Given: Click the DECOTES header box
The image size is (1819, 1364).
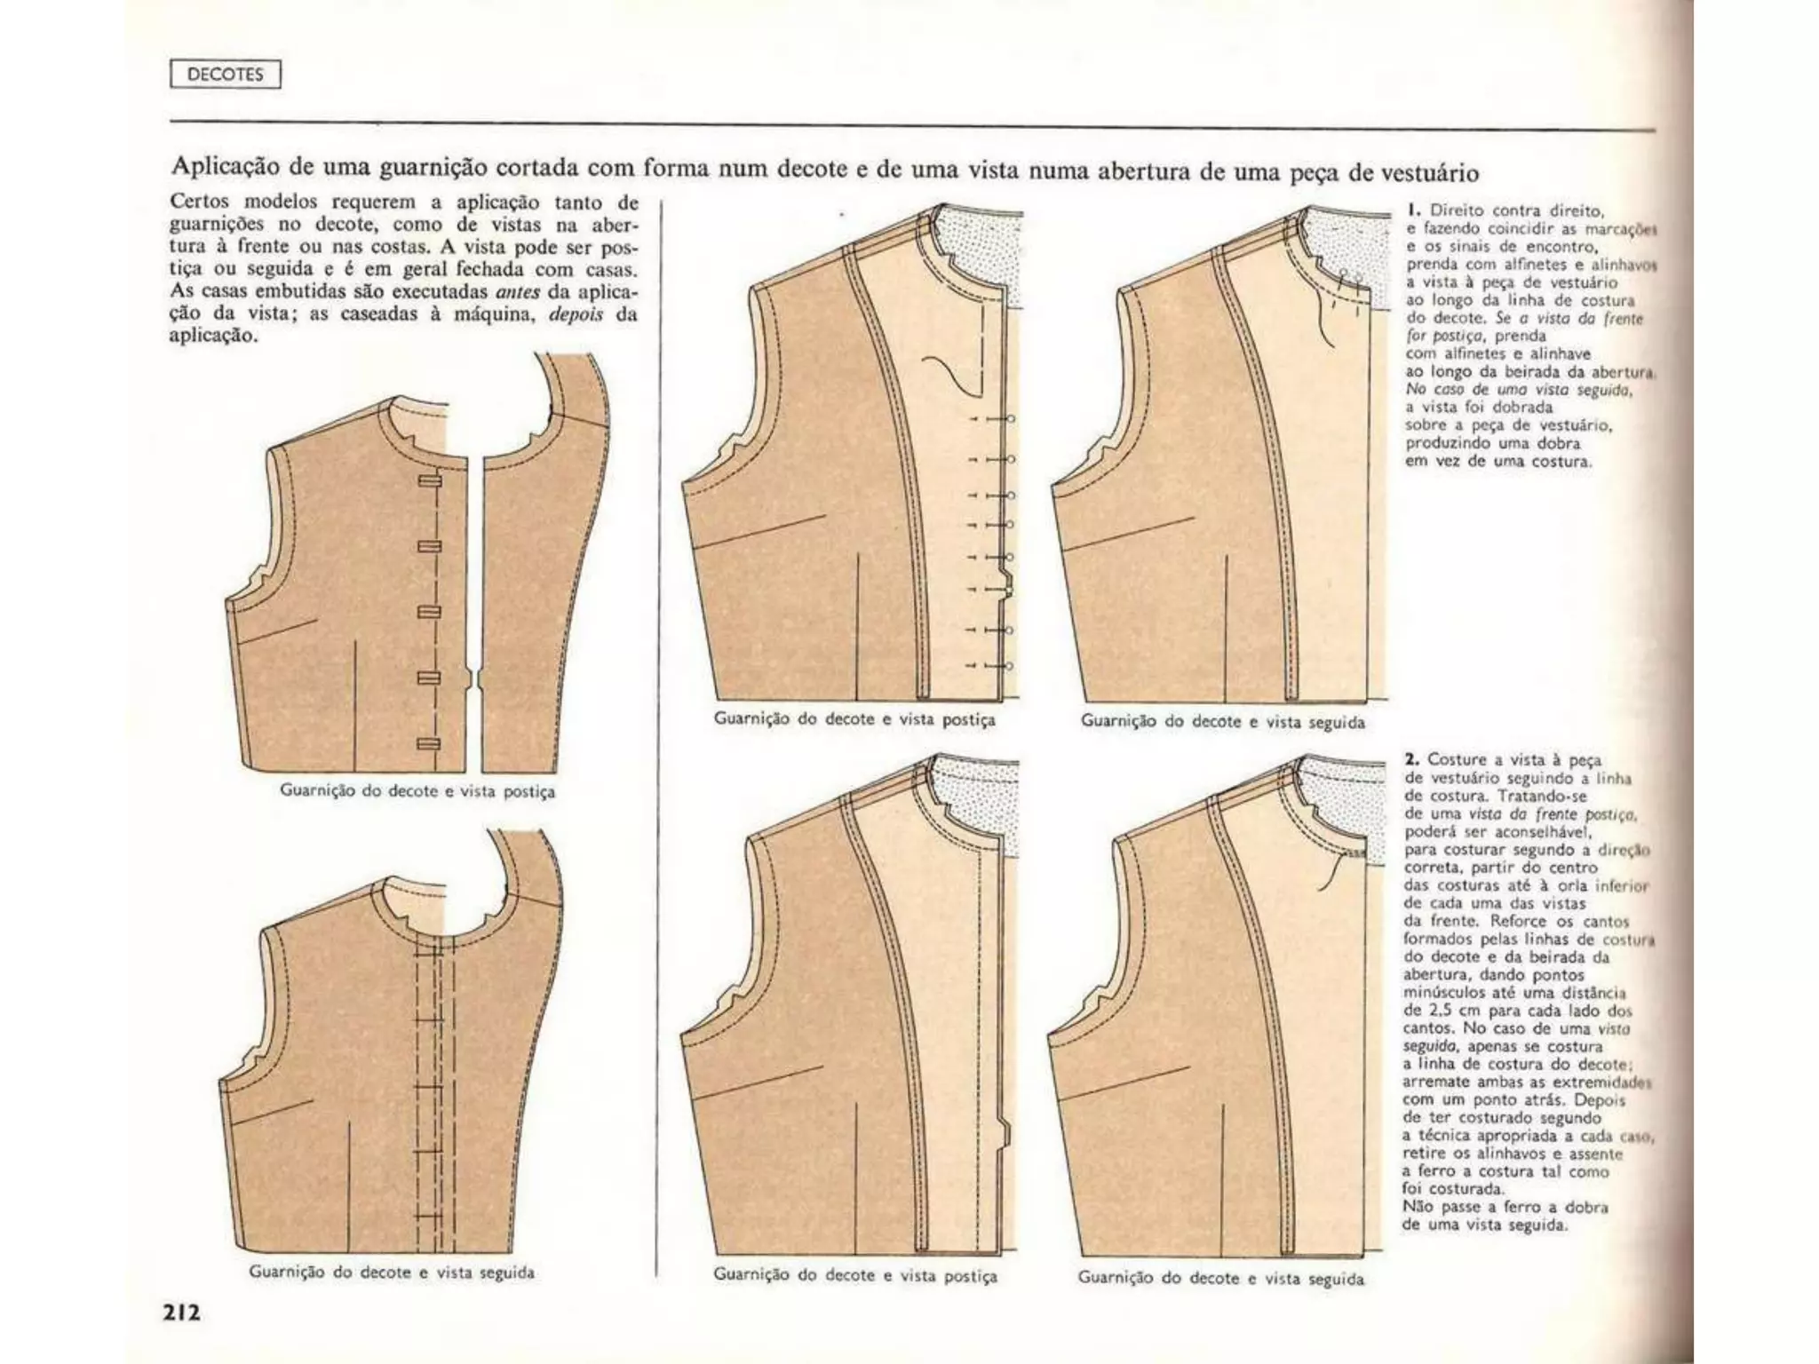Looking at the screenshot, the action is [x=225, y=75].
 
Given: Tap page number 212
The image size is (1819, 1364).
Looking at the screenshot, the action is [x=180, y=1312].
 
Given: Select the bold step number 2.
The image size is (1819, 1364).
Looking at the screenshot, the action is [x=1412, y=759].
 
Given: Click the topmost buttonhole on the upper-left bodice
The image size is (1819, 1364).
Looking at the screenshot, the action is [x=430, y=480].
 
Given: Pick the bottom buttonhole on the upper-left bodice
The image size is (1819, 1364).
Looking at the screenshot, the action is [x=429, y=743].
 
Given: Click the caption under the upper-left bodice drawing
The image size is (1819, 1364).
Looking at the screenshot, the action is [x=417, y=790].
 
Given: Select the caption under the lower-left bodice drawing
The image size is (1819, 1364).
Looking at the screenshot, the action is [x=392, y=1272].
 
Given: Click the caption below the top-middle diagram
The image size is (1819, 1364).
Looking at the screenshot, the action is [x=854, y=719].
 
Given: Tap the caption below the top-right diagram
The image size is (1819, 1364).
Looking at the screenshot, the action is [x=1222, y=721].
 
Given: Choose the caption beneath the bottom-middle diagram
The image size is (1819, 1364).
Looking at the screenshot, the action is [x=855, y=1276].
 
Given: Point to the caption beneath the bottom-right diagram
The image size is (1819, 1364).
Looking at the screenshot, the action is [x=1220, y=1278].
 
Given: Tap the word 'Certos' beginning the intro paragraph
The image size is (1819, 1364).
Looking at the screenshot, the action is [x=199, y=202].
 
